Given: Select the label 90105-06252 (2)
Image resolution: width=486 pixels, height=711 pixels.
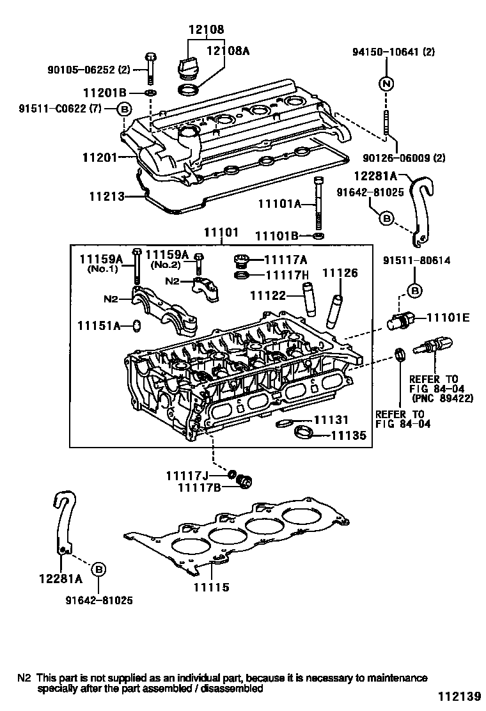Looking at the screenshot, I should [x=93, y=69].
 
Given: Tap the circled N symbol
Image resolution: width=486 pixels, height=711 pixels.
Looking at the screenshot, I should [x=387, y=84].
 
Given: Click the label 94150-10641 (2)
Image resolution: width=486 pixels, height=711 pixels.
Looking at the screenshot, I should [x=394, y=52].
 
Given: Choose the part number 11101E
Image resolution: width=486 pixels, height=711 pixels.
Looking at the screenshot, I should [x=448, y=317].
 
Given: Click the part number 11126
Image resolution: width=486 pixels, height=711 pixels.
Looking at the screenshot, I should [x=340, y=273].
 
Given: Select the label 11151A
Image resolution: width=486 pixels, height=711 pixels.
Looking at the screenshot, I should [x=99, y=326].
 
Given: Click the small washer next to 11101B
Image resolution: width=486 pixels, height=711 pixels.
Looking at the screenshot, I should [x=318, y=236].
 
